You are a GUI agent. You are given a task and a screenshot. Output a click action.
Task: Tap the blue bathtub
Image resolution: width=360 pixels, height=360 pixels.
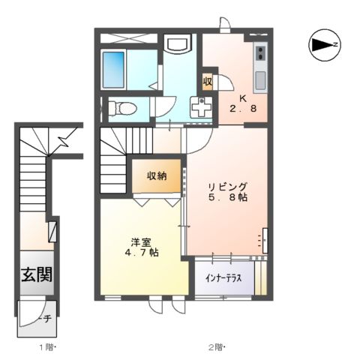coord(115,71)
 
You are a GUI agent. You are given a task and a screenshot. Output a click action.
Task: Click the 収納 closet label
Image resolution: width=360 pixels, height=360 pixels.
coord(157,176)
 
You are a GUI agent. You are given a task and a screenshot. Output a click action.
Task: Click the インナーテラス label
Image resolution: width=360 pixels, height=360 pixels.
coord(223,277)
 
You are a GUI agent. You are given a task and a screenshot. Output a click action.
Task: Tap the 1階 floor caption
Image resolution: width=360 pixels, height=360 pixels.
coord(48,346)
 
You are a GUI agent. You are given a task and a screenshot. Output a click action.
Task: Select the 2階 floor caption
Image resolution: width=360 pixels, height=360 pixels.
coord(216,346)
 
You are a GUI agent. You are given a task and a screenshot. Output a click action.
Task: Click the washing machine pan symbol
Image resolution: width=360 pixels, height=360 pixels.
coord(202,109)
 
